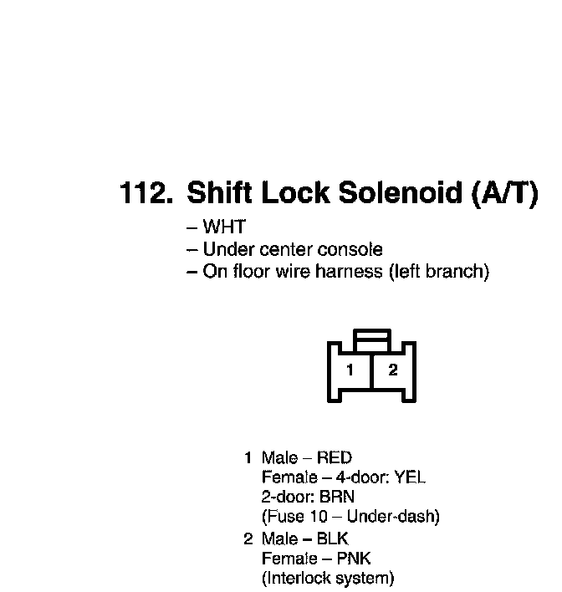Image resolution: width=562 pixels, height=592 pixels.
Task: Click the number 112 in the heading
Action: click(x=146, y=194)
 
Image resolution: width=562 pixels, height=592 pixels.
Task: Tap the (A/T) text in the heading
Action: click(x=504, y=194)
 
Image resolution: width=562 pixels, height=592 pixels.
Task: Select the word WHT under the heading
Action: click(x=224, y=227)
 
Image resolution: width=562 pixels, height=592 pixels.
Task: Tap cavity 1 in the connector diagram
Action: click(x=350, y=370)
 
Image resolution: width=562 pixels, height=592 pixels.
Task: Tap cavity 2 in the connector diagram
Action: click(x=392, y=370)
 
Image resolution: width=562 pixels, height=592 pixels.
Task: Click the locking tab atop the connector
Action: click(x=371, y=338)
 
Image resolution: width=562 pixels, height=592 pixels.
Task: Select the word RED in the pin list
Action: click(x=334, y=457)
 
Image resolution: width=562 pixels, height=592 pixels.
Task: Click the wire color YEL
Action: click(x=410, y=477)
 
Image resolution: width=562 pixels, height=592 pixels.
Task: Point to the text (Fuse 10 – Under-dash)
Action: click(x=350, y=517)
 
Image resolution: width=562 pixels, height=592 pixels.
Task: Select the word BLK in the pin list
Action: click(x=332, y=538)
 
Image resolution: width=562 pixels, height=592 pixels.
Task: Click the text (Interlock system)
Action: click(x=328, y=578)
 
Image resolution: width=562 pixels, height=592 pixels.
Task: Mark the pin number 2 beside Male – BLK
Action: click(x=248, y=538)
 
